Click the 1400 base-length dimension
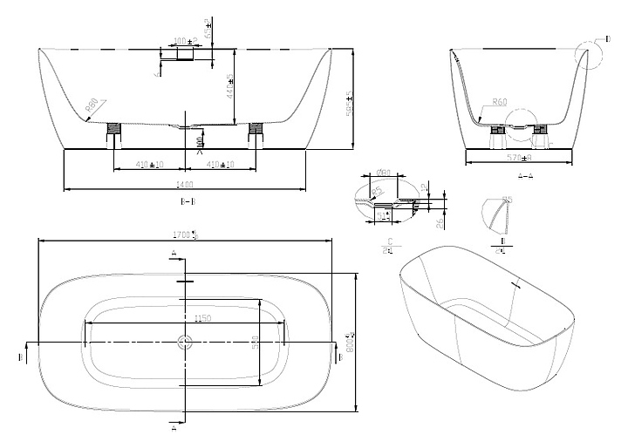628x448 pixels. point(184,184)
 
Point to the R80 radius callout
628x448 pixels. point(91,108)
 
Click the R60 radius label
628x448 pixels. point(499,102)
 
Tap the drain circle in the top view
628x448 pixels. point(184,343)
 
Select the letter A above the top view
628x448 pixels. point(174,252)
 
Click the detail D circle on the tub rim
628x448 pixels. point(588,51)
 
